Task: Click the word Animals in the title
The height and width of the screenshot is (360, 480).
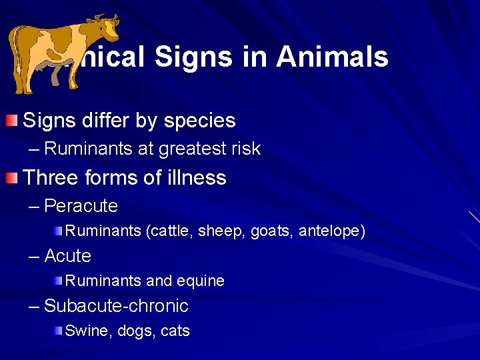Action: click(x=332, y=57)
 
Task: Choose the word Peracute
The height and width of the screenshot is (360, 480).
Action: click(x=81, y=206)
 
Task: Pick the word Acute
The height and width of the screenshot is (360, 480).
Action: click(x=67, y=256)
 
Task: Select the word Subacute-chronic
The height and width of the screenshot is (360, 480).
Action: click(x=116, y=306)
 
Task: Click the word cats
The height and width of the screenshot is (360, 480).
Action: click(x=175, y=331)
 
